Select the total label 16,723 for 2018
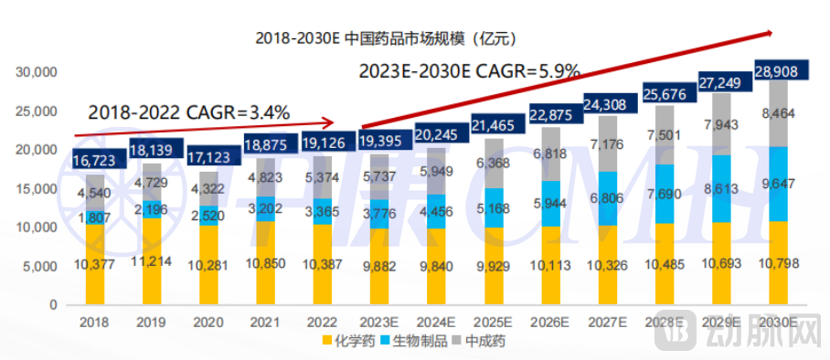click(94, 161)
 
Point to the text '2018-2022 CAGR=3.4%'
click(189, 113)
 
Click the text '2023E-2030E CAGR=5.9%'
click(470, 70)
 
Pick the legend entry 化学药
click(348, 342)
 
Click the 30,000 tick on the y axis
click(39, 71)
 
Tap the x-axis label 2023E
click(378, 321)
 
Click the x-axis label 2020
click(207, 321)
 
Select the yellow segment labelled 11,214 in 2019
click(151, 263)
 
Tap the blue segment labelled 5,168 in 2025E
click(493, 208)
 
